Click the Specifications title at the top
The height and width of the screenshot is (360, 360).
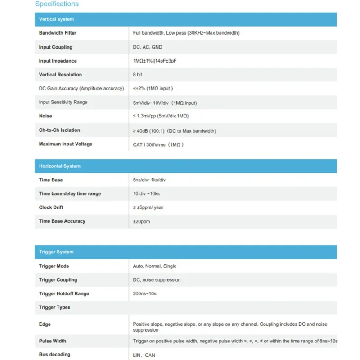[x=57, y=4]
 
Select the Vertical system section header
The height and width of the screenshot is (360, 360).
[x=56, y=19]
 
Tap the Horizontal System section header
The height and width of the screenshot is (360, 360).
[x=59, y=166]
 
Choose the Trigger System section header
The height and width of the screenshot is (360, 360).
[x=56, y=252]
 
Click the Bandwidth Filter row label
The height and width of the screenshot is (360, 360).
[x=58, y=33]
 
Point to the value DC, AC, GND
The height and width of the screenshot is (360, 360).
[x=148, y=47]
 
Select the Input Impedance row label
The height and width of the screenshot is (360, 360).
[x=58, y=61]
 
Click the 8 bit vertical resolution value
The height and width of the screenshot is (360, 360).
[x=138, y=75]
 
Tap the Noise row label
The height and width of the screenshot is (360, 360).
[x=45, y=116]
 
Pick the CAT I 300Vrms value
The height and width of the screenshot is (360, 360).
[x=158, y=144]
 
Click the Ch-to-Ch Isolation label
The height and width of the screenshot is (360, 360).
[x=59, y=130]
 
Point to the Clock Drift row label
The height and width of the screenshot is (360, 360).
[x=51, y=207]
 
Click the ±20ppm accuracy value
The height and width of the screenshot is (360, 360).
[x=141, y=221]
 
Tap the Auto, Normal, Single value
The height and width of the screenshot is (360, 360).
[x=155, y=266]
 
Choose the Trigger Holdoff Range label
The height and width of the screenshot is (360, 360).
[x=64, y=293]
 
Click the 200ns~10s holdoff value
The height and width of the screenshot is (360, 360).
[x=144, y=293]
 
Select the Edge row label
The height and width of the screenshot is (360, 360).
[x=45, y=324]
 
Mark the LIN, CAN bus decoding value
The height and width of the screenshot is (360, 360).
[x=144, y=355]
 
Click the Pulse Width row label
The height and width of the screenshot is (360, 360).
[x=53, y=341]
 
